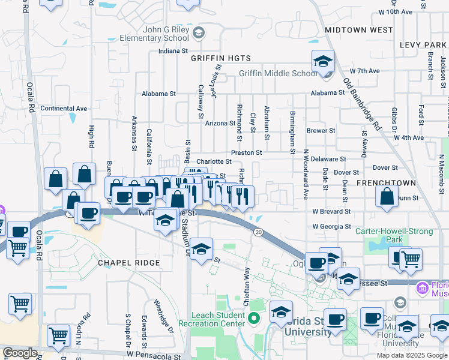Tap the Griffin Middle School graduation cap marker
[x=323, y=62]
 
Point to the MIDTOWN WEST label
[x=358, y=29]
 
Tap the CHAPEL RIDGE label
[x=129, y=263]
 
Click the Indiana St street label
[x=173, y=51]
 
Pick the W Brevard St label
[x=331, y=211]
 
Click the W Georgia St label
[x=331, y=227]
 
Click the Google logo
[x=20, y=353]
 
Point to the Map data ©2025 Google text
[x=412, y=355]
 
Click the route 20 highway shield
[x=258, y=232]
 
